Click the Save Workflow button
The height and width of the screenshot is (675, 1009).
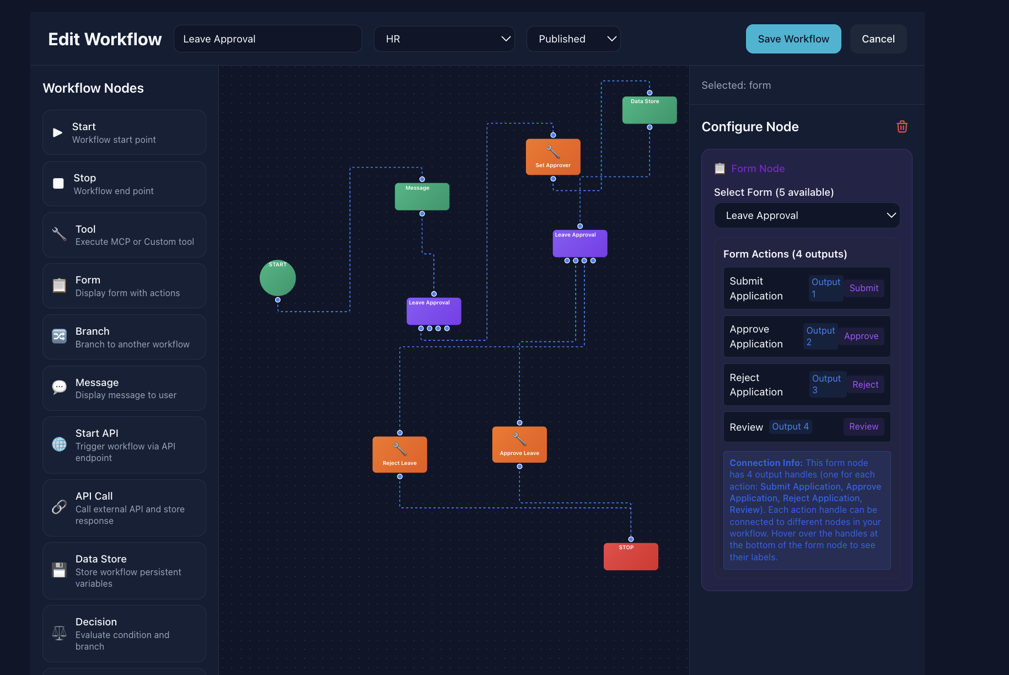point(793,39)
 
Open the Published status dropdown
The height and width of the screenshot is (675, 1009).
point(573,39)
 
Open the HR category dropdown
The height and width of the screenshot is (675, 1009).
point(444,39)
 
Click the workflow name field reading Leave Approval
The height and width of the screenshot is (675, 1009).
point(267,39)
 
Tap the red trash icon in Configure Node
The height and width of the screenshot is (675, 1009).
point(902,127)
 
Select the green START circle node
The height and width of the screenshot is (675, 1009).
point(277,278)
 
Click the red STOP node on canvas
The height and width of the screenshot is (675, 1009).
point(631,557)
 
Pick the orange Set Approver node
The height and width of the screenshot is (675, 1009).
point(553,157)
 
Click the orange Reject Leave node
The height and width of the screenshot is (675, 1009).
point(400,455)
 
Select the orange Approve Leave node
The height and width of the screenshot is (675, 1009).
point(519,444)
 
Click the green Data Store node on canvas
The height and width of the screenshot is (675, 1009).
point(650,110)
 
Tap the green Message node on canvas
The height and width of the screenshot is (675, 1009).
point(422,197)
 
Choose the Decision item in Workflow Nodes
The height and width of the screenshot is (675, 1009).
point(124,634)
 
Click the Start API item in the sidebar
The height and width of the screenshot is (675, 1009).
point(124,445)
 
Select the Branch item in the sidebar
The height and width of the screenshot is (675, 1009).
point(124,337)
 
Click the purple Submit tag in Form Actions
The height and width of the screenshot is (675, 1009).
point(863,288)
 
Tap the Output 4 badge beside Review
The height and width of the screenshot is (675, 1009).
point(790,427)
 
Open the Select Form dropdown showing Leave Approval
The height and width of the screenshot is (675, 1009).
point(807,216)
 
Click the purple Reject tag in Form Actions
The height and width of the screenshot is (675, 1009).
point(865,385)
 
